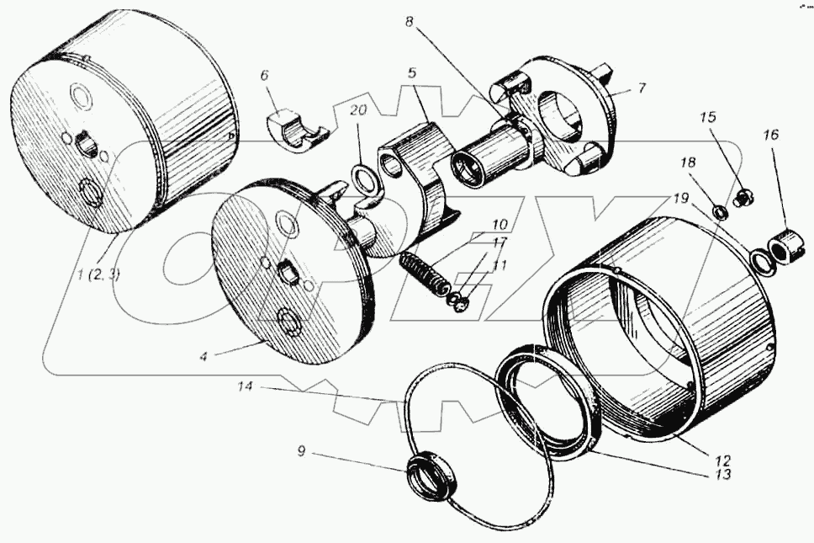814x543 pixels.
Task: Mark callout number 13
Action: [721, 475]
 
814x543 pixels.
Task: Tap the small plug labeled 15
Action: [743, 199]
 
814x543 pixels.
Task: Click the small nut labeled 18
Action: [721, 210]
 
